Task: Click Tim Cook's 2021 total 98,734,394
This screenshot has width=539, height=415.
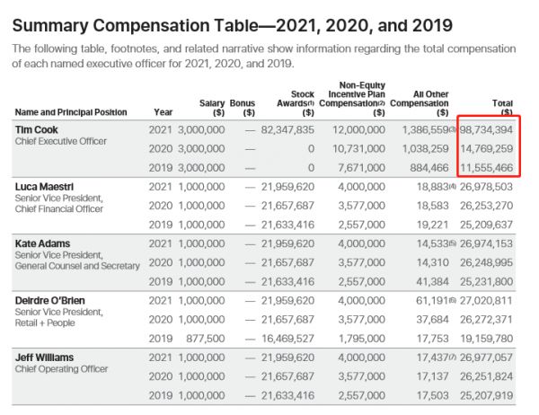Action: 489,130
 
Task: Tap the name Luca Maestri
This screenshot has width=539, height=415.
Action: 44,187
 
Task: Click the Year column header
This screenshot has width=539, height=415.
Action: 163,113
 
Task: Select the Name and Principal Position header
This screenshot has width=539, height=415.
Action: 70,113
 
